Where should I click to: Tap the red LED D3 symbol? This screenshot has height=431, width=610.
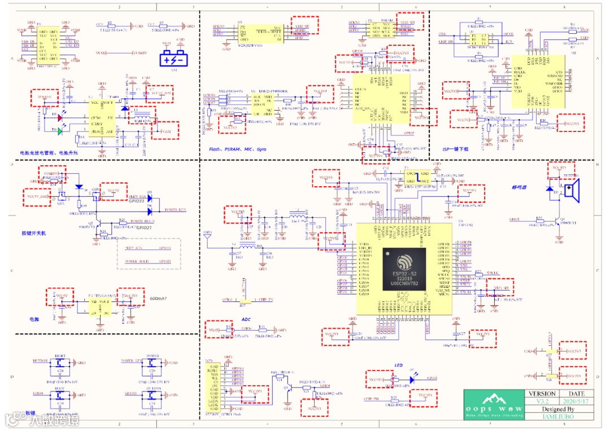[59, 118]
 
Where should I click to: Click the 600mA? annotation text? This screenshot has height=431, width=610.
[158, 298]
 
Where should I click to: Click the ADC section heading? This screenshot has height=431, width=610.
[246, 319]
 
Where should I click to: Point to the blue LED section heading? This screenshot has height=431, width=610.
[398, 366]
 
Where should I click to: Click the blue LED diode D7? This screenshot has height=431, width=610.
[411, 379]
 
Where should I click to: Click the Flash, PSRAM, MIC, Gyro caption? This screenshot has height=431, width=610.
[237, 149]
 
